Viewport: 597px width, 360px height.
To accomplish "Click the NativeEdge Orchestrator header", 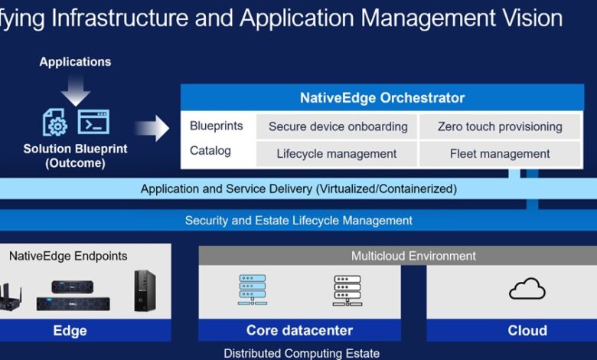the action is coord(382,97).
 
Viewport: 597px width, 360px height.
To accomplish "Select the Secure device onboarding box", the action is coord(338,126).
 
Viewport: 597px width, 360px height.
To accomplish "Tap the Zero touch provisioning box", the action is coord(500,126).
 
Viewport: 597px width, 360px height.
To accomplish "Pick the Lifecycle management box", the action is coord(338,154).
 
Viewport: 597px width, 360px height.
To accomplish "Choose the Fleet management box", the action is coord(500,154).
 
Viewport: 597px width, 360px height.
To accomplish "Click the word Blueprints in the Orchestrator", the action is coord(217,126).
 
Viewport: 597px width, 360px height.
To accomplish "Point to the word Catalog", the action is coord(210,151).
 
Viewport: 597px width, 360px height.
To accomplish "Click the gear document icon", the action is coord(55,123).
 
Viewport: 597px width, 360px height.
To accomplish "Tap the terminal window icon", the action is coord(93,122).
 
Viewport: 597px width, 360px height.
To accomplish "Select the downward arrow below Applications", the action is coord(75,90).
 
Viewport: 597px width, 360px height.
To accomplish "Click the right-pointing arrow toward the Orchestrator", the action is coord(152,128).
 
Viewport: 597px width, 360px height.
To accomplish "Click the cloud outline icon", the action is coord(527,288).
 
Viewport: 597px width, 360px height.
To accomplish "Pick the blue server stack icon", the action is coord(253,290).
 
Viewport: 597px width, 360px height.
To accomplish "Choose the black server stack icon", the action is coord(347,290).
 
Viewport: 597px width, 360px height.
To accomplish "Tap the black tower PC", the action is coord(145,290).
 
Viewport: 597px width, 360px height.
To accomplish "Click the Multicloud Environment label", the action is coord(413,256).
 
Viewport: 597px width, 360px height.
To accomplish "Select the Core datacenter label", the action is coord(299,330).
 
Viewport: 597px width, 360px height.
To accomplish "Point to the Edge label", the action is coord(70,331).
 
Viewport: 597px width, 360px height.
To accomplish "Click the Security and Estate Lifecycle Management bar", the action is coord(298,220).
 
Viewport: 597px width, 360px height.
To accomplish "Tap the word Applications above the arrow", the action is coord(75,62).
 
